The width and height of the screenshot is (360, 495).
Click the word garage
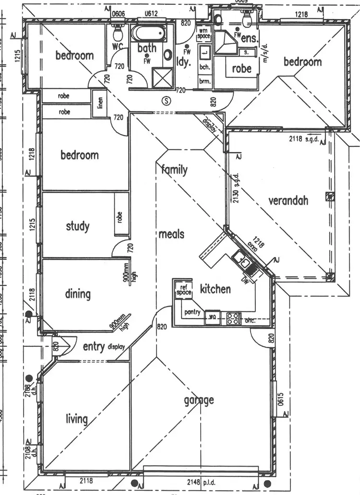coord(199,400)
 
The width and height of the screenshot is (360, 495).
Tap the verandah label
coord(288,200)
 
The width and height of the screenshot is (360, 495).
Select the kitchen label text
coord(215,289)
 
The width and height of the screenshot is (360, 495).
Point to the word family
coord(174,169)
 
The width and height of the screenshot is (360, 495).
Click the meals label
coord(171,234)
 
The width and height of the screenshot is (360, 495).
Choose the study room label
coord(78,225)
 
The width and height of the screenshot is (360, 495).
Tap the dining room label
coord(78,293)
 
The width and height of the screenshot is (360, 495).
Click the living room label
coord(77,419)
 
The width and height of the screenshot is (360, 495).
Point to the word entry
coord(94,346)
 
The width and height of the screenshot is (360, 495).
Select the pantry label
coord(192,312)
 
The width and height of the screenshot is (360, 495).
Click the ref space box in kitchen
coord(182,289)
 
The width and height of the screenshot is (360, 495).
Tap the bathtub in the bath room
coord(148,35)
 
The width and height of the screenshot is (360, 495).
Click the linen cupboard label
coord(100,103)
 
